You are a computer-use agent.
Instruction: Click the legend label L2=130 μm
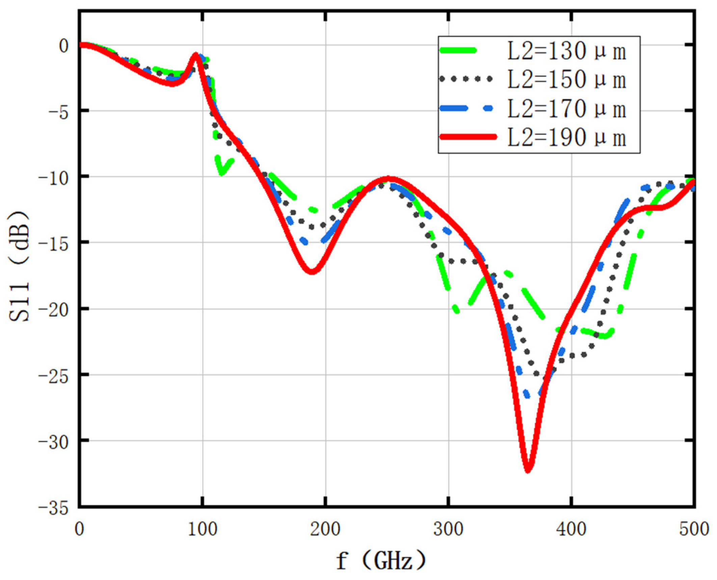pyautogui.click(x=566, y=52)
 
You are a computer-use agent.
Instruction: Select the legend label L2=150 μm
pyautogui.click(x=566, y=80)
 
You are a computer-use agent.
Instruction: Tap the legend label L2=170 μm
pyautogui.click(x=566, y=109)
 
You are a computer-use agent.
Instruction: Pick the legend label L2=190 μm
pyautogui.click(x=566, y=138)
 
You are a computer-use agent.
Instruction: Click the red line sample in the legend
pyautogui.click(x=468, y=137)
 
